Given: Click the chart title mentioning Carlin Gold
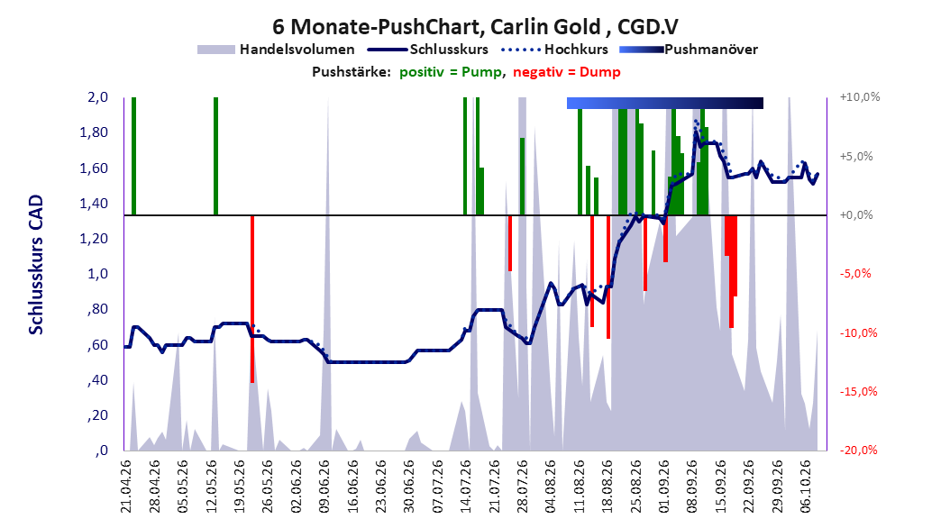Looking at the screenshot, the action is [x=475, y=27].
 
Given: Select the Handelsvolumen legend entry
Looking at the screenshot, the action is [x=276, y=50].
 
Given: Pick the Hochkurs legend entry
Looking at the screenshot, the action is [x=555, y=50].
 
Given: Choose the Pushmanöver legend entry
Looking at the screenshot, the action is [x=689, y=50].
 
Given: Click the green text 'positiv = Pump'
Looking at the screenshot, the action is [x=451, y=72].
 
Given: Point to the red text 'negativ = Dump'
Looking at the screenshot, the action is [x=567, y=72].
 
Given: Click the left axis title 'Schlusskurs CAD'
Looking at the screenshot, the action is [x=36, y=264].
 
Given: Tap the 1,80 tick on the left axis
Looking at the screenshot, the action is [x=94, y=132].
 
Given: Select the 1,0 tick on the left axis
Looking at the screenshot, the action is [x=97, y=274].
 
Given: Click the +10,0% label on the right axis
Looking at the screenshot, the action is [x=860, y=97].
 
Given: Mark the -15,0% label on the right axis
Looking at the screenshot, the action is [x=858, y=392].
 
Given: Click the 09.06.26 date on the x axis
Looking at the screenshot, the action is [x=324, y=487].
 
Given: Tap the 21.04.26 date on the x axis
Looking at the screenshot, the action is [x=125, y=487].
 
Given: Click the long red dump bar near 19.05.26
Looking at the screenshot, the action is [x=252, y=299].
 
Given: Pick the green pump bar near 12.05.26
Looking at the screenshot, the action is [x=215, y=156].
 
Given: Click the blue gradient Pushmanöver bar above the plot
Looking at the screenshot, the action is [x=664, y=103].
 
